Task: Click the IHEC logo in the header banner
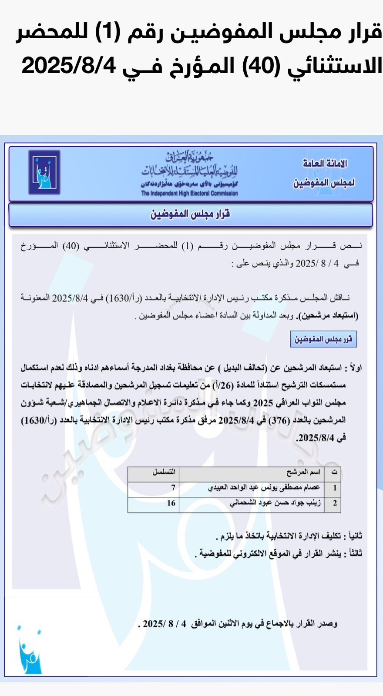pos(44,172)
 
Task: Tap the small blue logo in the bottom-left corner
pos(30,651)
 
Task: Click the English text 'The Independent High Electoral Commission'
pos(189,193)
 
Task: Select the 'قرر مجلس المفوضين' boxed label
pos(323,339)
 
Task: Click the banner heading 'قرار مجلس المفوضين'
pos(190,214)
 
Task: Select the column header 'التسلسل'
pos(164,472)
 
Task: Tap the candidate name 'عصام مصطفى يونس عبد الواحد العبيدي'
pos(264,488)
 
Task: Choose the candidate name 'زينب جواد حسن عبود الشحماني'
pos(275,503)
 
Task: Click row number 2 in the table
pos(335,503)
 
